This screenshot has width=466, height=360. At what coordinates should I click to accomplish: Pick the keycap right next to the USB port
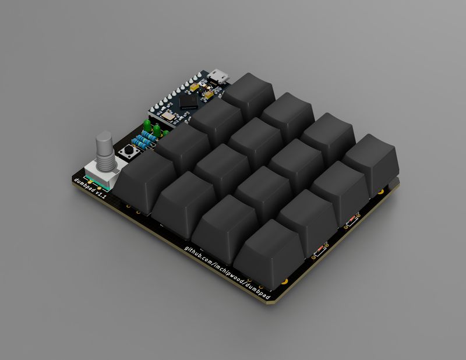(248, 93)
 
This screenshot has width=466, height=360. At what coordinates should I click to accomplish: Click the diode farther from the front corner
(351, 220)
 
